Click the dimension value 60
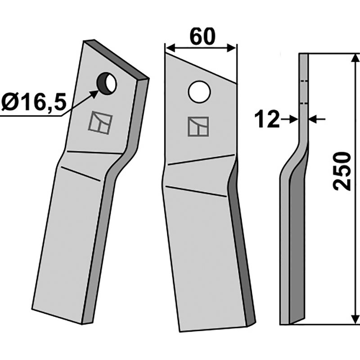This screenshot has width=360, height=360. [201, 36]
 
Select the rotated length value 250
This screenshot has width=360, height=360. [343, 171]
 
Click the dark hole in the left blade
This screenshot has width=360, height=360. [107, 83]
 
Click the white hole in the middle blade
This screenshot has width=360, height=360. [200, 92]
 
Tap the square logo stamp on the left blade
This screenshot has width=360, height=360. [101, 122]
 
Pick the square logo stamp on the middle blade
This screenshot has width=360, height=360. [199, 126]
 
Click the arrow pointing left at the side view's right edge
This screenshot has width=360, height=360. [315, 119]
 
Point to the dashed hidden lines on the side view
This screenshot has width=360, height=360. [304, 92]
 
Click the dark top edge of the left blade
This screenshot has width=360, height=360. [121, 58]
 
